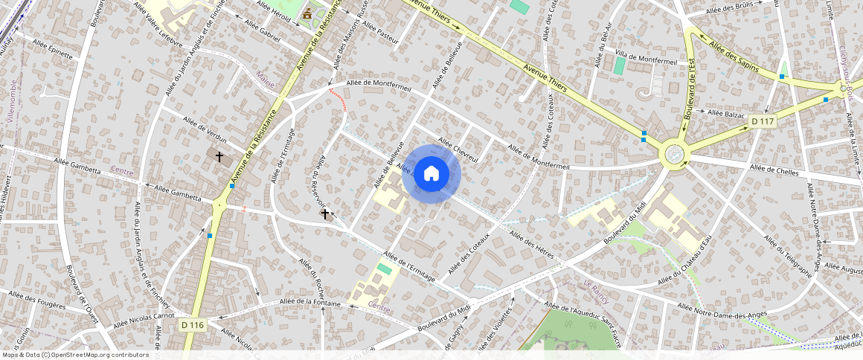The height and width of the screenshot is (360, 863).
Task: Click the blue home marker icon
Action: pyautogui.click(x=431, y=174)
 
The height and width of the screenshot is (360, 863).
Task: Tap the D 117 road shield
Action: pyautogui.click(x=763, y=121)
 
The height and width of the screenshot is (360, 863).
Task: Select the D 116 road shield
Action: pyautogui.click(x=193, y=325)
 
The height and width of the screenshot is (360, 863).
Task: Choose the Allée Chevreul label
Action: pyautogui.click(x=458, y=145)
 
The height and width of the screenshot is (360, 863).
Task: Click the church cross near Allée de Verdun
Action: pyautogui.click(x=219, y=157)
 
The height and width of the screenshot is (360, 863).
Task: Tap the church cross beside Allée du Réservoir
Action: pyautogui.click(x=324, y=214)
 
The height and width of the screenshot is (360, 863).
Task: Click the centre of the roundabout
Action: pyautogui.click(x=674, y=154)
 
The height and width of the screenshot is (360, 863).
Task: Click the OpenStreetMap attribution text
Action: pyautogui.click(x=75, y=355)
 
